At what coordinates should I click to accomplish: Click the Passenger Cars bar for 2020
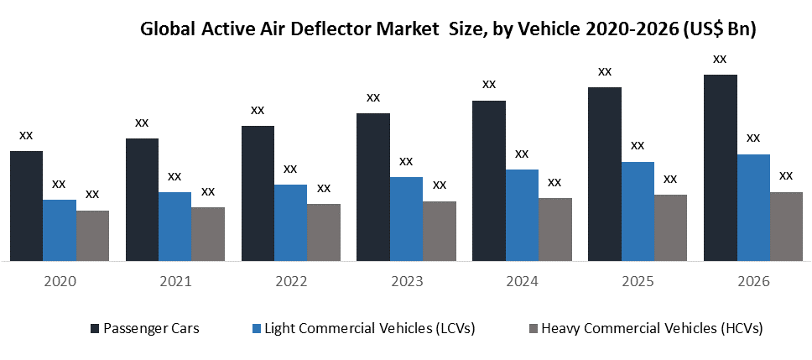coord(26,206)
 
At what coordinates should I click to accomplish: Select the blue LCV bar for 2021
coord(174,227)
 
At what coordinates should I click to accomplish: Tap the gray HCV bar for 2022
coord(324,232)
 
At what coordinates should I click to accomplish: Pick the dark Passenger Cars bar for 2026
coord(720,168)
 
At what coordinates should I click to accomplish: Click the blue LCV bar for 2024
coord(522,215)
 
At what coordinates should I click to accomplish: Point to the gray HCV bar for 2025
coord(670,227)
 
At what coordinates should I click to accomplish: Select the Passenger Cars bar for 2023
coord(373,186)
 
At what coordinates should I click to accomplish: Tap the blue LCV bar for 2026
coord(753,207)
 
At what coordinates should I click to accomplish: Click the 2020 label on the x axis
coord(59,282)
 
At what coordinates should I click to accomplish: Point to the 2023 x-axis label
coord(406,282)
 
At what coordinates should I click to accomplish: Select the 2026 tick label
coord(752,282)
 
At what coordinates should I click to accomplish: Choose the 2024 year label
coord(522,282)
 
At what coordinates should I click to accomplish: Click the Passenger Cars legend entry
coord(151,327)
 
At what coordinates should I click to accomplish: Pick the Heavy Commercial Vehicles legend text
coord(653,327)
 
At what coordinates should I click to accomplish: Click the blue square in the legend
coord(258,327)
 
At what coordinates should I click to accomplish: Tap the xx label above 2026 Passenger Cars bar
coord(720,59)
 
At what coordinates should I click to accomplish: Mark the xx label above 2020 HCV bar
coord(92,194)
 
